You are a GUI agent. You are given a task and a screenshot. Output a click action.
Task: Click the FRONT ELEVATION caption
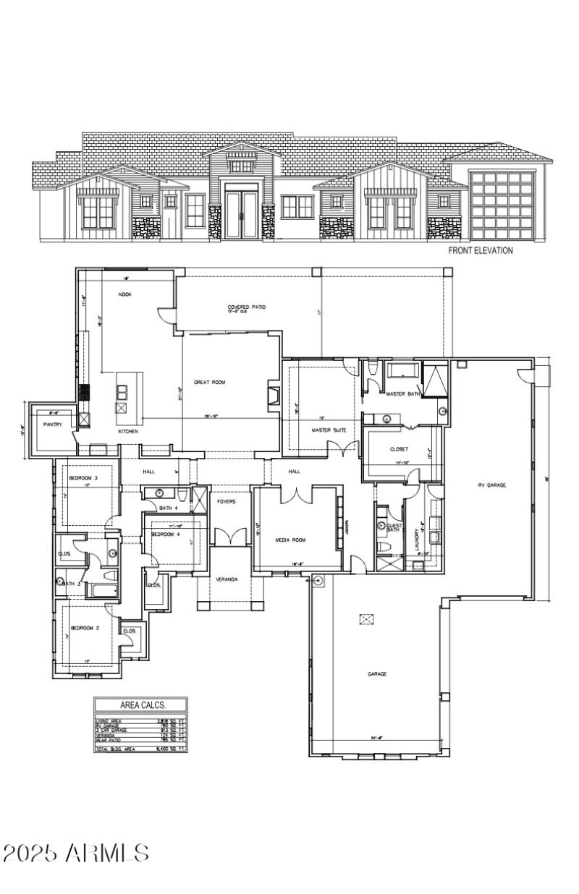pos(480,251)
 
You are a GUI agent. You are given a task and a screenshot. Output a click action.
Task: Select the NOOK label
pos(124,294)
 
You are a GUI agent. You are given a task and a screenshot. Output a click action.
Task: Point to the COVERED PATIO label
pos(247,307)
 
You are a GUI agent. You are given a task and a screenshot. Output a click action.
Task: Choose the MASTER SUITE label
pos(329,430)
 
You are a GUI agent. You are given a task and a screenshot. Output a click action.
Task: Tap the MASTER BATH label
pos(403,394)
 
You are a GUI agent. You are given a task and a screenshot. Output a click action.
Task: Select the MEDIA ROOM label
pos(291,540)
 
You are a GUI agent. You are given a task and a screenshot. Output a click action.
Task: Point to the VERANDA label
pos(228,579)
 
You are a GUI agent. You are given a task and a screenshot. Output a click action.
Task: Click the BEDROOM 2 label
pos(85,628)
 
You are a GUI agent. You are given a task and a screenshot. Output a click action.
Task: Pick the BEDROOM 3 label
pos(83,479)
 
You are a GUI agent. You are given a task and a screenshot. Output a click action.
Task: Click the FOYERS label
pos(227,501)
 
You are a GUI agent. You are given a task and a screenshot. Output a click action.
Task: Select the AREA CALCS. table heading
pos(142,704)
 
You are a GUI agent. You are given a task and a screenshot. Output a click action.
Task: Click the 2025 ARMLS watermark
pos(76,852)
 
